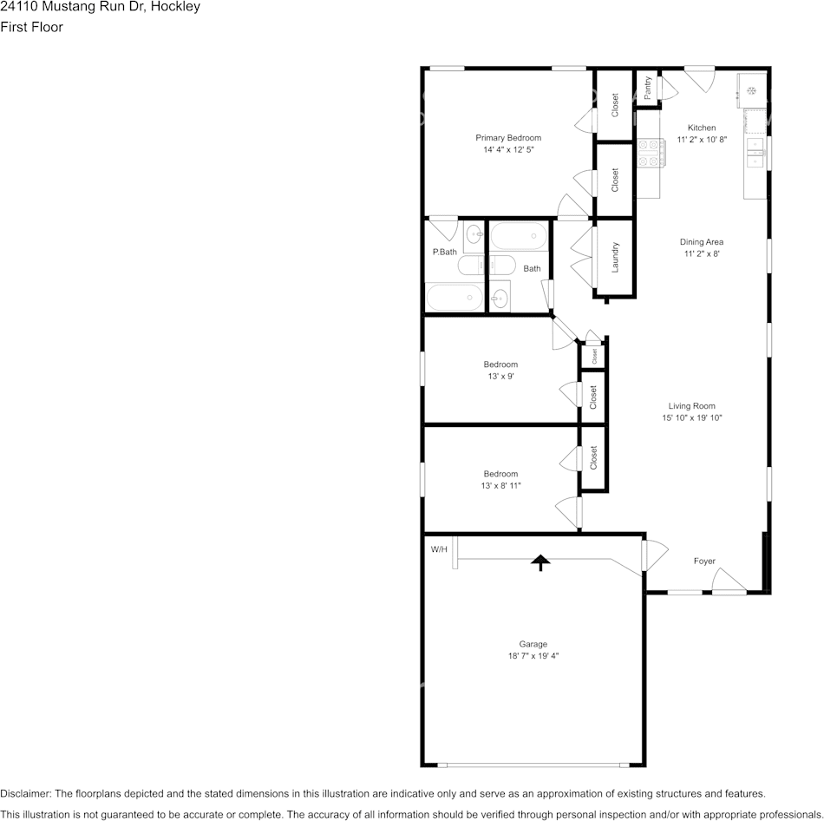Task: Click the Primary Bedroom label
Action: point(508,138)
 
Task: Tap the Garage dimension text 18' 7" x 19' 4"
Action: point(533,656)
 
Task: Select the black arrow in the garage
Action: point(540,562)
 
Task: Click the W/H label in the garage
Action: point(439,549)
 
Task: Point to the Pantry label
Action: point(647,88)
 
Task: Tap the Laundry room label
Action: point(615,257)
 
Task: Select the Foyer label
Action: point(704,562)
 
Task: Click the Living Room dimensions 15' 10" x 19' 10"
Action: point(691,418)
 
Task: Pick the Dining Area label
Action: point(702,242)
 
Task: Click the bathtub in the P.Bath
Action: point(455,297)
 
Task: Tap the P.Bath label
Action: point(445,252)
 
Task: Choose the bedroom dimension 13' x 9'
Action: point(500,377)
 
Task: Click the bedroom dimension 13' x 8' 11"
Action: point(500,486)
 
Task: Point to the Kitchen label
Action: point(702,128)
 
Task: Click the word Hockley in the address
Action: point(175,7)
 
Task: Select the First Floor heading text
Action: point(31,27)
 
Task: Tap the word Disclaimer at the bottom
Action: point(25,793)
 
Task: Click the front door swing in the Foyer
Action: point(729,580)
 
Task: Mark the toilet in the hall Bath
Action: point(503,265)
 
